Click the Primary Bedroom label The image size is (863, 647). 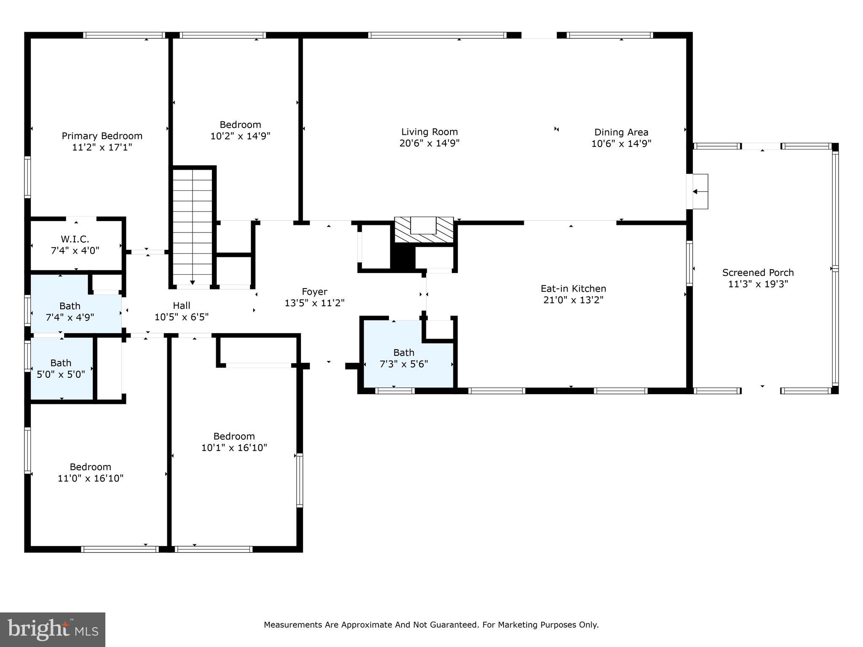tap(102, 136)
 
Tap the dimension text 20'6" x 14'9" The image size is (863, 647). tap(429, 143)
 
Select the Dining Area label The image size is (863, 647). tap(621, 132)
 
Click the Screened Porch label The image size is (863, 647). tap(758, 273)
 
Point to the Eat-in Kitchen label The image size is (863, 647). tap(573, 289)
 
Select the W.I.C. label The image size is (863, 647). tap(75, 239)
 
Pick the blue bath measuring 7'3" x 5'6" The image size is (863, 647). tap(404, 358)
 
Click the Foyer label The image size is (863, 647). tap(314, 291)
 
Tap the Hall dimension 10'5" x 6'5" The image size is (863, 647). tap(181, 317)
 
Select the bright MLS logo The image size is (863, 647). tap(53, 630)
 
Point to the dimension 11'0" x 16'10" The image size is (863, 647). tap(91, 478)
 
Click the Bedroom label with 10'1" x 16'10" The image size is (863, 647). tap(234, 436)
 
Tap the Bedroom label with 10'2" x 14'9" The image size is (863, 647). tap(240, 125)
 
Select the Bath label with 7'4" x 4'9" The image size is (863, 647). tap(70, 306)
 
